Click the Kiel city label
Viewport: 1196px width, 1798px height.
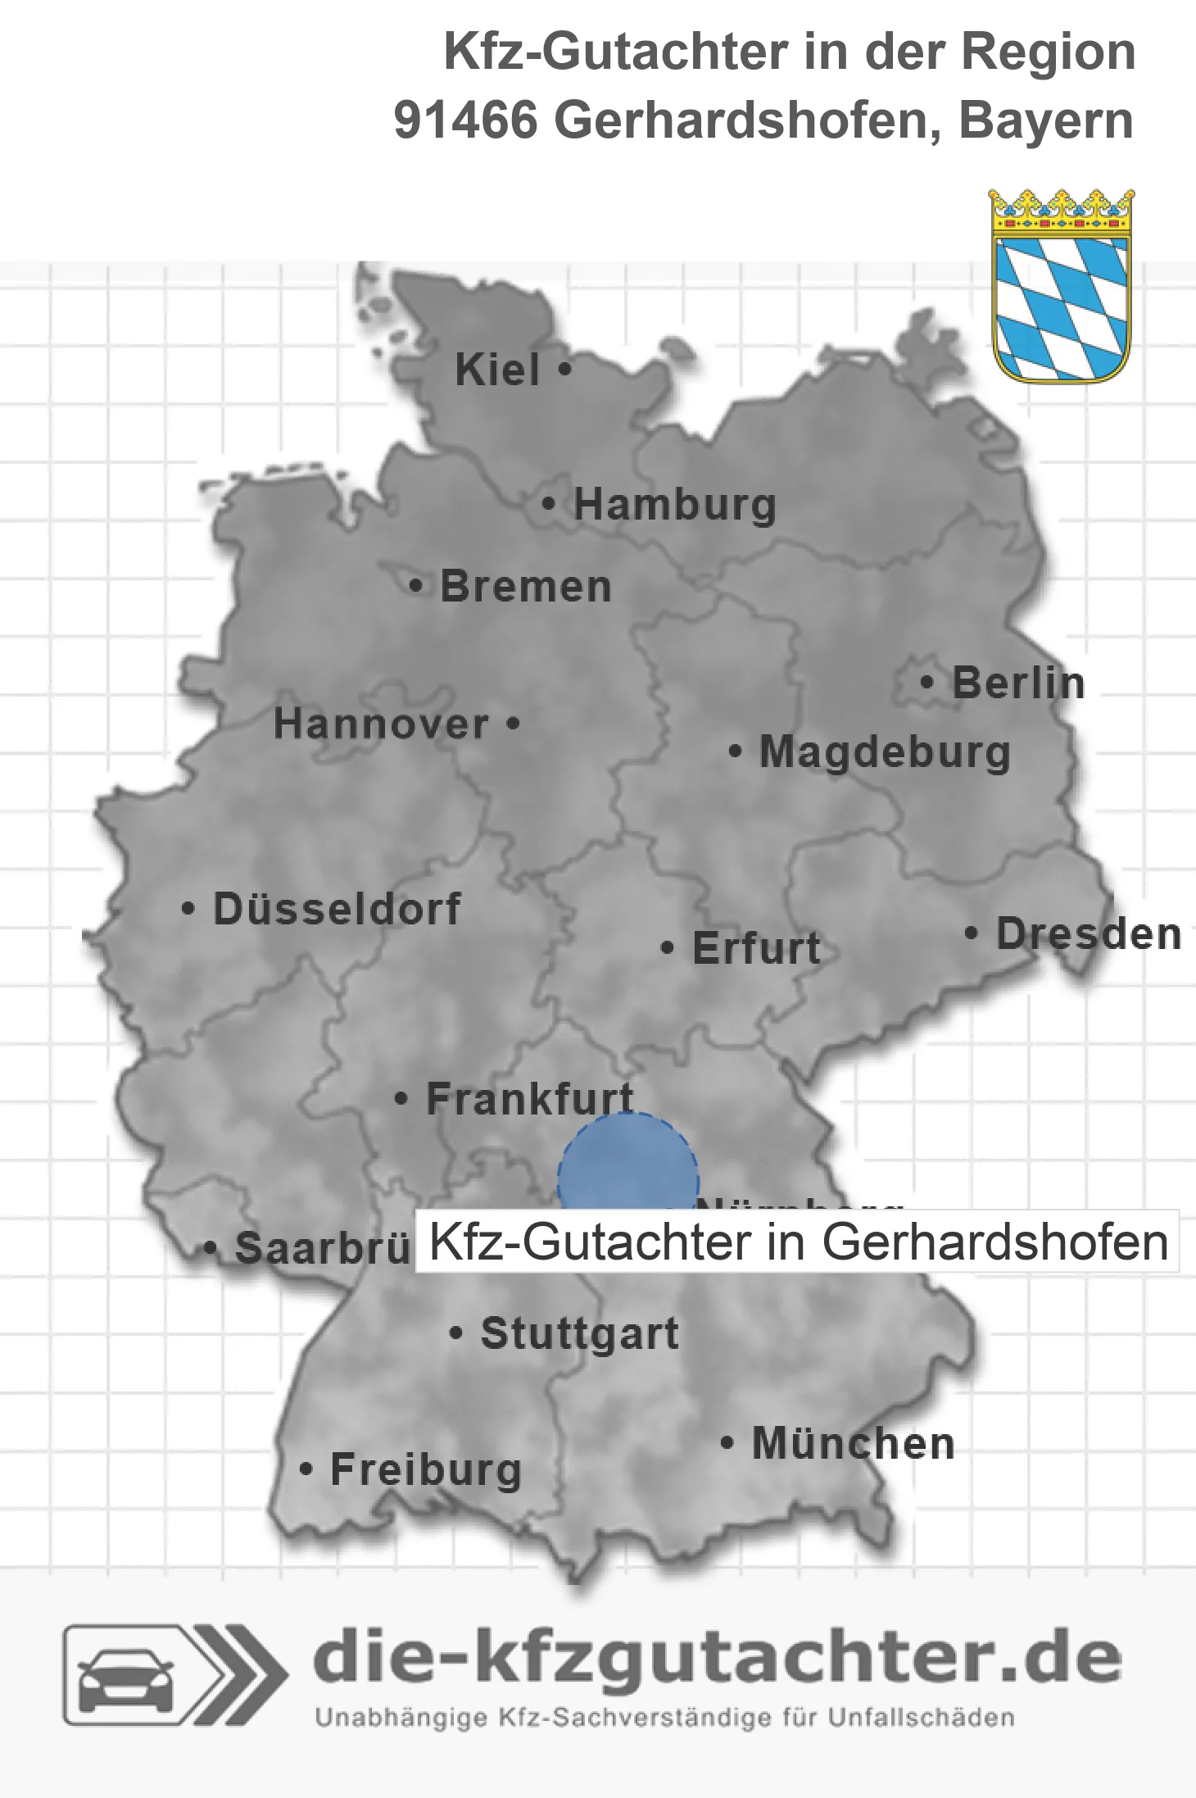coord(497,370)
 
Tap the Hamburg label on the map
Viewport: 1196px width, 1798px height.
coord(674,505)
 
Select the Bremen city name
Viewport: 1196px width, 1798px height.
coord(525,588)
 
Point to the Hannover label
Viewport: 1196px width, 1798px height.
coord(381,724)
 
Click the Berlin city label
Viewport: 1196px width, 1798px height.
coord(1017,683)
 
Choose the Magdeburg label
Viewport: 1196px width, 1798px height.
coord(885,752)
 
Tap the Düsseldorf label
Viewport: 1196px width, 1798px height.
coord(337,910)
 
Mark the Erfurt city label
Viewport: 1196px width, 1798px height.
coord(756,949)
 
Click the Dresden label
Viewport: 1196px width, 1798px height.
coord(1088,934)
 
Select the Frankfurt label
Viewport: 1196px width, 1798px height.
coord(530,1099)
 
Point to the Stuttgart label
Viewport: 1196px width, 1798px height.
coord(579,1333)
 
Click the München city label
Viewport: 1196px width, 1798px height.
coord(853,1443)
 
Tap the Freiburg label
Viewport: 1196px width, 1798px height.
coord(425,1470)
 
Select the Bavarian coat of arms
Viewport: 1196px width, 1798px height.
coord(1062,286)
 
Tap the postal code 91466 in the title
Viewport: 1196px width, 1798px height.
coord(465,121)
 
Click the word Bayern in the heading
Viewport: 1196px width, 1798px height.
coord(1046,121)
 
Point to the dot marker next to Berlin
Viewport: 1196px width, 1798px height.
coord(927,683)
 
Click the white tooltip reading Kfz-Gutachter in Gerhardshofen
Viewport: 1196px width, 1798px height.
coord(797,1242)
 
